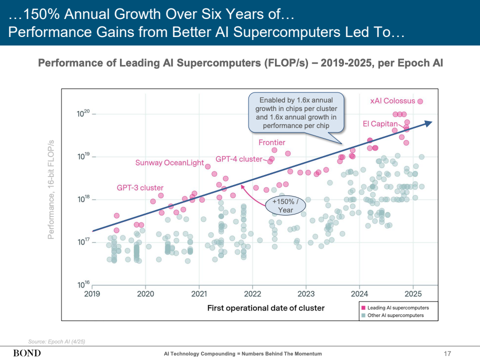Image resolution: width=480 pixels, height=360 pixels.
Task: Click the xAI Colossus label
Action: [x=392, y=101]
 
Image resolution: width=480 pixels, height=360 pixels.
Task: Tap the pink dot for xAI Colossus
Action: [x=420, y=101]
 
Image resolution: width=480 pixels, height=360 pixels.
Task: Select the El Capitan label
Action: [x=380, y=123]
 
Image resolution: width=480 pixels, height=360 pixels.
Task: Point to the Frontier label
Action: [x=271, y=142]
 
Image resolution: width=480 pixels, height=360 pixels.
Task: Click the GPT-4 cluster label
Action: [x=238, y=159]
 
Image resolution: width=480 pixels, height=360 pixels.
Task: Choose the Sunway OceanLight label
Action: [x=169, y=162]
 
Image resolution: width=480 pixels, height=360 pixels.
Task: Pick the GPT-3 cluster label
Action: [x=140, y=187]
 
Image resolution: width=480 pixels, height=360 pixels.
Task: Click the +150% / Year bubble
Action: [x=285, y=205]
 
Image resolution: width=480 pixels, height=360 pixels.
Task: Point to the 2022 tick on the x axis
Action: [x=252, y=293]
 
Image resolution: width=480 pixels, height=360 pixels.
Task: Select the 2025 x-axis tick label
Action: [x=413, y=293]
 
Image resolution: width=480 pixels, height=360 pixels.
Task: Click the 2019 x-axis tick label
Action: [x=92, y=293]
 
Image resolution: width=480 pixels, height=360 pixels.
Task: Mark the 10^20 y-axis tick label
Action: [x=82, y=114]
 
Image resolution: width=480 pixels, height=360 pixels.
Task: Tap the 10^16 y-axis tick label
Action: [x=82, y=285]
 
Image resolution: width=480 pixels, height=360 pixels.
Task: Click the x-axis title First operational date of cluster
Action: [x=266, y=308]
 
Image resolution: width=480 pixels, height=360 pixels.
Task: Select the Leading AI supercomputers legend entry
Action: [x=395, y=307]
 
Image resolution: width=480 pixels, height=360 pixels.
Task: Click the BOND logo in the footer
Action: [x=27, y=353]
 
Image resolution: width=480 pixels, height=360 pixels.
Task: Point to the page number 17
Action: [x=447, y=354]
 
